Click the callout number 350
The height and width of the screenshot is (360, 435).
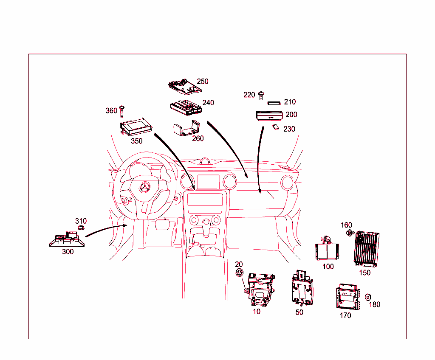click(136, 141)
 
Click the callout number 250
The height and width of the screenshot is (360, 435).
click(203, 82)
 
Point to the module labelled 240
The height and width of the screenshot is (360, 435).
click(186, 107)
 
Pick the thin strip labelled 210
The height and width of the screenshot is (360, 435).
click(274, 103)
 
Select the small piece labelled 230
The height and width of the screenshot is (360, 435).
click(275, 127)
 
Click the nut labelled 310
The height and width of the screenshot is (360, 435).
click(79, 228)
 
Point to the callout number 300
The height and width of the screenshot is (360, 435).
click(68, 252)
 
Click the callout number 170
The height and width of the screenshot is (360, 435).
click(345, 315)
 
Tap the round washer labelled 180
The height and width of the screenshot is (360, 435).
click(368, 297)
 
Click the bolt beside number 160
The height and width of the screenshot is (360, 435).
click(350, 233)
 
